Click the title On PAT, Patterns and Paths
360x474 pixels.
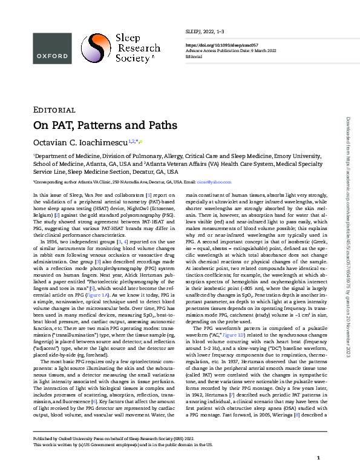(x=105, y=125)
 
